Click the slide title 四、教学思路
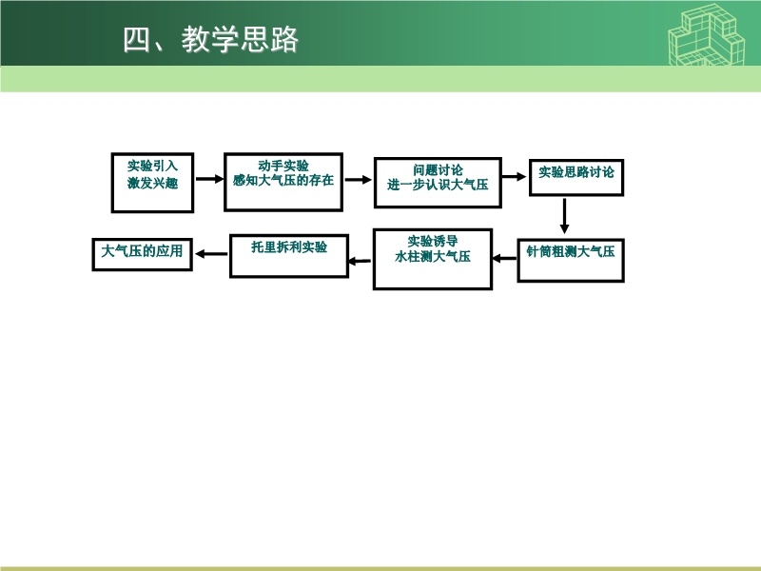(210, 39)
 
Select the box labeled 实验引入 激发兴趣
(152, 183)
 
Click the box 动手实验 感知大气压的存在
(283, 182)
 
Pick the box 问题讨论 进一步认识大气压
(438, 183)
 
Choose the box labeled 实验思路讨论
(576, 177)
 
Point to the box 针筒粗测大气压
(571, 260)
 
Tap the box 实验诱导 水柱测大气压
(433, 259)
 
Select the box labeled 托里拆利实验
(289, 256)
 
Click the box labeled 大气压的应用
(142, 254)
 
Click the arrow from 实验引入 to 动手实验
(209, 179)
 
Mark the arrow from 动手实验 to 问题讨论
(359, 180)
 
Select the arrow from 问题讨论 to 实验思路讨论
(515, 176)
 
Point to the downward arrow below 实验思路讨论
(564, 216)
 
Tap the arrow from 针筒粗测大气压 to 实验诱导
(505, 258)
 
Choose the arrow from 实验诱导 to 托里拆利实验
(360, 261)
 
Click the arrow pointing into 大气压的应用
(211, 253)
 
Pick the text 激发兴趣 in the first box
(152, 183)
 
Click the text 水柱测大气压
(433, 256)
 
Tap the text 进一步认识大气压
(438, 185)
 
